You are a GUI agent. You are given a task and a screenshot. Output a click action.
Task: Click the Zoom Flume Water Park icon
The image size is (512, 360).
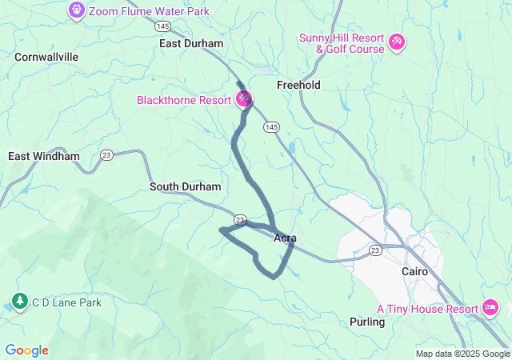[76, 10]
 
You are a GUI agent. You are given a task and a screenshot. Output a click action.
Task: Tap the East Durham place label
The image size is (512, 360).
[191, 44]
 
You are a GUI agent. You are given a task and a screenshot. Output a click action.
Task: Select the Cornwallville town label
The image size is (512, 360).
[46, 57]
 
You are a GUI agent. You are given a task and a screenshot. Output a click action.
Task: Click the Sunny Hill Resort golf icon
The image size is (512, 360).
[397, 41]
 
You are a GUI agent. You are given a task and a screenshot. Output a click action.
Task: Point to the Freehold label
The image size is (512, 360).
[298, 85]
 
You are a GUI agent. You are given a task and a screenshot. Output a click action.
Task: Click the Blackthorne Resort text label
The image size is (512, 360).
[184, 101]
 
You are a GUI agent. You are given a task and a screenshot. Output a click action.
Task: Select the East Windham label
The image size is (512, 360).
[44, 156]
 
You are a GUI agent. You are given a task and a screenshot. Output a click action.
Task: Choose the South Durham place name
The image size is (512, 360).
[186, 186]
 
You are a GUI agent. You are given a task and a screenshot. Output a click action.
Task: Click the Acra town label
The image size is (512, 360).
[285, 238]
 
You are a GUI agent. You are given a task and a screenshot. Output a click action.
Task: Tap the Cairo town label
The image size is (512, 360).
[415, 271]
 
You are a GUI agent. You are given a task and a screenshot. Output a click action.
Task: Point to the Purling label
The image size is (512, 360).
[367, 322]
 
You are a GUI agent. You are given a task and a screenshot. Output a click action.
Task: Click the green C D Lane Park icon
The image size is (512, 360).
[18, 302]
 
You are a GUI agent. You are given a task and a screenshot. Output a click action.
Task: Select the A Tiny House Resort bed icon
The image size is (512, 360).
[490, 308]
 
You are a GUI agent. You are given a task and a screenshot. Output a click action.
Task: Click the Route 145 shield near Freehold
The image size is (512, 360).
[272, 127]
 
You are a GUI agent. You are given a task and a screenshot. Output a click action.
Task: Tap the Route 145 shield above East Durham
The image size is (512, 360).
[163, 26]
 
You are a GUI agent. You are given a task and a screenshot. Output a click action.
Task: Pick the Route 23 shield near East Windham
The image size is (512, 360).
[106, 154]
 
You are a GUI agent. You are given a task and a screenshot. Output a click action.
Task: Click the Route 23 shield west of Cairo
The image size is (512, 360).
[375, 250]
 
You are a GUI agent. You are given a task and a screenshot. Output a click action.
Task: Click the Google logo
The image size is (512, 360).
[26, 350]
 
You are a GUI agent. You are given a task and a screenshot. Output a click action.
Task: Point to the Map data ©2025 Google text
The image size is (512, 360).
[462, 354]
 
